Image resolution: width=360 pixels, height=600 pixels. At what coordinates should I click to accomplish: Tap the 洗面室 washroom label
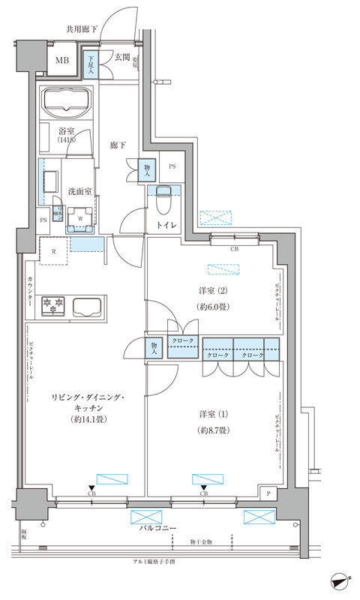click(79, 191)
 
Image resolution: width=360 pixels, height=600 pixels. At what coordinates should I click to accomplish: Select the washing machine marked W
click(80, 218)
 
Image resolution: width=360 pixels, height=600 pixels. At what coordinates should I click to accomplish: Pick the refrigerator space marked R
click(54, 251)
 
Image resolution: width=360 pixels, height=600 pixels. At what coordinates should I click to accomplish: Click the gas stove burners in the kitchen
click(55, 305)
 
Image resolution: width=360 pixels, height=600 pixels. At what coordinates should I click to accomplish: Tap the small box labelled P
click(268, 493)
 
